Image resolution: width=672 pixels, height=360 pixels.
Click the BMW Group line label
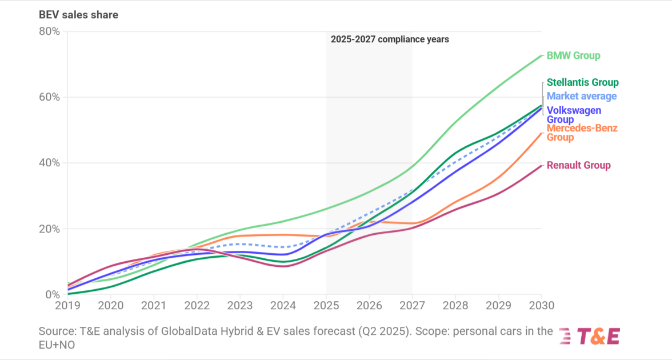click(x=573, y=55)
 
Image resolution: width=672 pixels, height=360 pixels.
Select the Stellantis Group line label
click(x=582, y=82)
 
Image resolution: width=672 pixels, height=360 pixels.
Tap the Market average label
click(x=582, y=96)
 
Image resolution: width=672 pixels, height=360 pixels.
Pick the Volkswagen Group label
click(x=574, y=115)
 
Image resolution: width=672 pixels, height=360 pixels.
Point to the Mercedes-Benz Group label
click(x=582, y=133)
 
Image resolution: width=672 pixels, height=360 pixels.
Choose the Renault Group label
click(x=578, y=165)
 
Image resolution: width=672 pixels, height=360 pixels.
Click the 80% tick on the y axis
click(x=49, y=31)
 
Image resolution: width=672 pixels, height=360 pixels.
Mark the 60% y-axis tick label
click(x=49, y=97)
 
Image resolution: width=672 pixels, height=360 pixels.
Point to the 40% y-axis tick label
click(x=49, y=163)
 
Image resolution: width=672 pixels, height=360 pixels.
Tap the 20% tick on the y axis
click(x=49, y=229)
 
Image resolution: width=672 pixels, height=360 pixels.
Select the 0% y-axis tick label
click(x=52, y=295)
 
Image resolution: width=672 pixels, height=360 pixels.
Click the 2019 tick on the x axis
click(x=68, y=306)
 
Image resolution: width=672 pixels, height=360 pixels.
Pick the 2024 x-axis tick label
click(x=283, y=306)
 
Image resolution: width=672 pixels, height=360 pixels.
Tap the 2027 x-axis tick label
click(x=413, y=306)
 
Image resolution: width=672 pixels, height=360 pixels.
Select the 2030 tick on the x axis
click(x=541, y=306)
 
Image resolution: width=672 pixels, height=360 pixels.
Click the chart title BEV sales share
click(x=78, y=15)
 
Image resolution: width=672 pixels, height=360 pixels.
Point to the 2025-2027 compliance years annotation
click(x=390, y=39)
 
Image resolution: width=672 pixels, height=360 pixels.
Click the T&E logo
click(x=589, y=337)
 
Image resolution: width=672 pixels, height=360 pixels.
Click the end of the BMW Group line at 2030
click(x=541, y=55)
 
